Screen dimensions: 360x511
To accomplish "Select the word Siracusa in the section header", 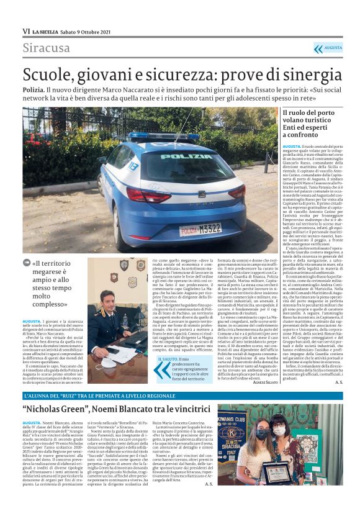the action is click(47, 48).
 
